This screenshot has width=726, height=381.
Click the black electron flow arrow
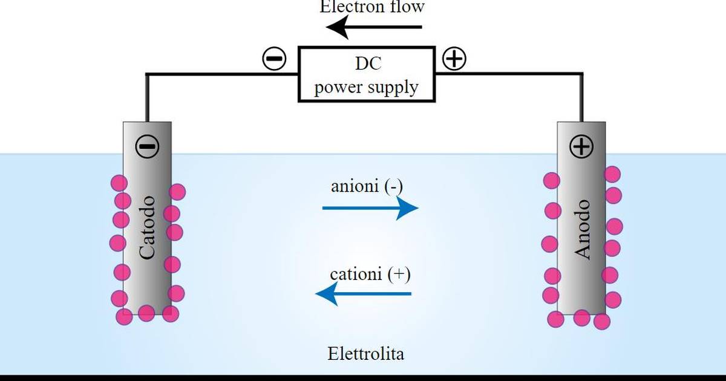pyautogui.click(x=374, y=27)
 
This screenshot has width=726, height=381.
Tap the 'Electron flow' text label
pyautogui.click(x=372, y=7)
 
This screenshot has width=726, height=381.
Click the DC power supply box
pyautogui.click(x=367, y=74)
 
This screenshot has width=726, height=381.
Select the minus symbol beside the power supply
pyautogui.click(x=274, y=59)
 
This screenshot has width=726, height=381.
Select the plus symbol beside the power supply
pyautogui.click(x=454, y=59)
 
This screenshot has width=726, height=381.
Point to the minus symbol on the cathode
pyautogui.click(x=147, y=146)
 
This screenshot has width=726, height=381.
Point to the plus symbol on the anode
pyautogui.click(x=581, y=146)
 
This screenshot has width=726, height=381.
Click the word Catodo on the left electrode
pyautogui.click(x=147, y=227)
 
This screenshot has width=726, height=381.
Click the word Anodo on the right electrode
pyautogui.click(x=582, y=230)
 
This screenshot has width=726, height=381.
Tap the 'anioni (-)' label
pyautogui.click(x=367, y=186)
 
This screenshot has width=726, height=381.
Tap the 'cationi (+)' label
pyautogui.click(x=370, y=274)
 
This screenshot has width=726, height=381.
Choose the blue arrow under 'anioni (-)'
pyautogui.click(x=370, y=208)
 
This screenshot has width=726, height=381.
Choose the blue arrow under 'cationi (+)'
pyautogui.click(x=364, y=294)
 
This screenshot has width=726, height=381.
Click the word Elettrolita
pyautogui.click(x=366, y=353)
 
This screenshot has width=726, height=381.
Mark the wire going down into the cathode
pyautogui.click(x=147, y=98)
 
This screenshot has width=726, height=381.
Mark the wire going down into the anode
pyautogui.click(x=581, y=98)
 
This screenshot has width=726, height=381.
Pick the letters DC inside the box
pyautogui.click(x=368, y=63)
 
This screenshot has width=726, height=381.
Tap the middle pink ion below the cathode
pyautogui.click(x=146, y=313)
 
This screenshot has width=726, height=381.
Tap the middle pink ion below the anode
pyautogui.click(x=582, y=318)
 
